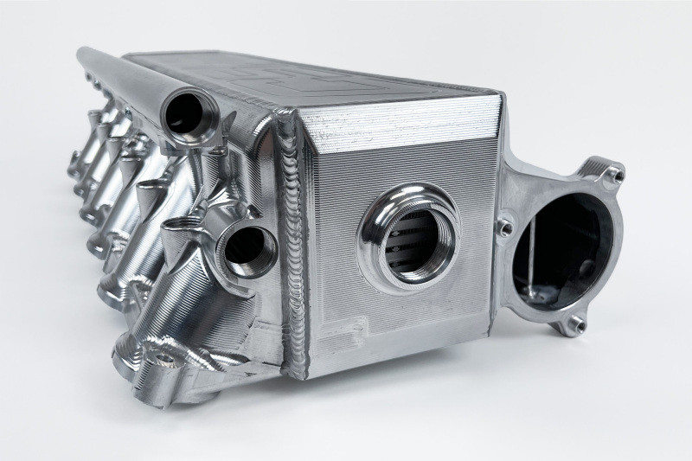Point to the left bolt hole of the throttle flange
pos(503,227)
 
